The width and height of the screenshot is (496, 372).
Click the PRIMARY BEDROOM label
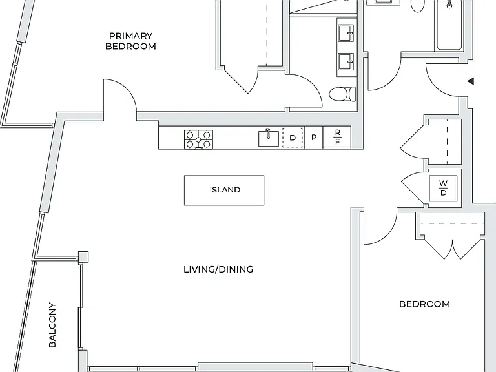130,41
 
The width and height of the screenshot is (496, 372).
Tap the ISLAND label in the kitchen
225,190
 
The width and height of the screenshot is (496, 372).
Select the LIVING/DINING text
218,269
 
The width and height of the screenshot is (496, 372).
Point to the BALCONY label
52,325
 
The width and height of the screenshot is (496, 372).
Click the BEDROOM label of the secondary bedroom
424,304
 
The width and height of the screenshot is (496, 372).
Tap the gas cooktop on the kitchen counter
198,139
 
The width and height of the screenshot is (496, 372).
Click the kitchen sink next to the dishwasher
269,138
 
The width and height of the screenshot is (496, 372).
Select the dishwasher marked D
293,138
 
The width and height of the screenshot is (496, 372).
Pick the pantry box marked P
314,138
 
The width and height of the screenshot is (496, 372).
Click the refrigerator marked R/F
337,137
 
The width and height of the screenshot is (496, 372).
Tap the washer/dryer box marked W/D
443,188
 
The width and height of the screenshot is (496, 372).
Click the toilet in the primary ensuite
342,94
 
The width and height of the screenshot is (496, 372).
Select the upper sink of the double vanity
346,33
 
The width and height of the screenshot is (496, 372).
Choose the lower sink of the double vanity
346,62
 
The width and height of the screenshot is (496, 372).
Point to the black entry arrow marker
471,81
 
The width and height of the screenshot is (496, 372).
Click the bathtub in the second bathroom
449,25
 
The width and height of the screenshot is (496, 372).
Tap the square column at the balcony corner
83,256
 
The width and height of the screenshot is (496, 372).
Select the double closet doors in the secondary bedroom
453,247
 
